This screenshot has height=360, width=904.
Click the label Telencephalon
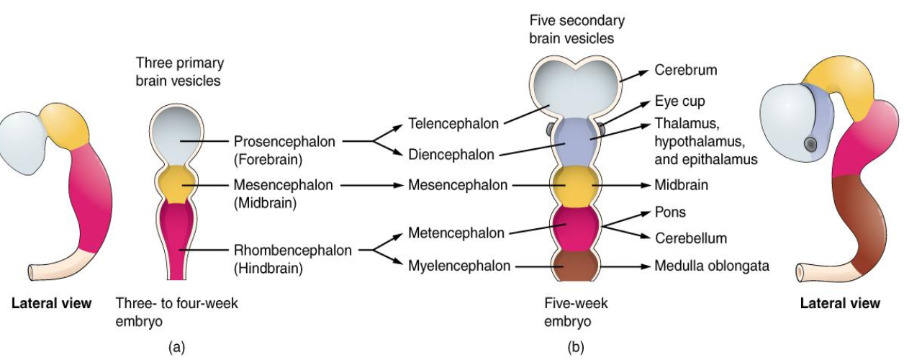click(x=453, y=123)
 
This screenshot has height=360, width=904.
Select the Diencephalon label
click(x=451, y=154)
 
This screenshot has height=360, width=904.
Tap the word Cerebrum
click(x=685, y=71)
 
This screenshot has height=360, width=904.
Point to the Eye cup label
click(x=679, y=102)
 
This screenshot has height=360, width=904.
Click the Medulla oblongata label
click(x=711, y=266)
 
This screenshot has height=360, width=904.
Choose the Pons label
click(x=669, y=212)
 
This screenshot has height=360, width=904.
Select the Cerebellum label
click(x=690, y=238)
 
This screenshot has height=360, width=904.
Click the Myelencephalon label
click(x=459, y=266)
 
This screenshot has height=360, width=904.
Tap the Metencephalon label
click(x=456, y=233)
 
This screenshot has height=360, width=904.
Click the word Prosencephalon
click(x=284, y=142)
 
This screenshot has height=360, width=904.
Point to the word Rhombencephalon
click(x=292, y=251)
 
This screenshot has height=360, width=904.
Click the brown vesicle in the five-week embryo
click(x=574, y=264)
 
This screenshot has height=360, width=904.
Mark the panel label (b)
click(x=576, y=347)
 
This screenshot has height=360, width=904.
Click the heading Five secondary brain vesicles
click(x=577, y=29)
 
